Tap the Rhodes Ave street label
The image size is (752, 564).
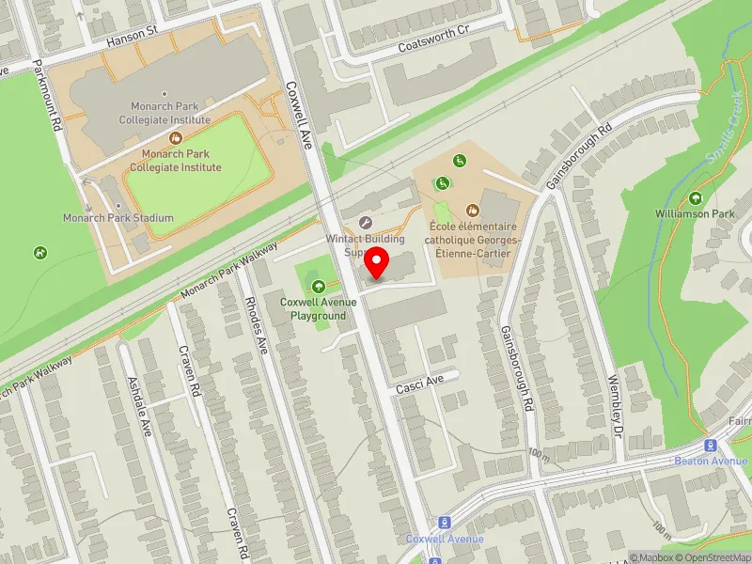[x=255, y=324]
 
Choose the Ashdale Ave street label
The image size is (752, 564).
[x=139, y=406]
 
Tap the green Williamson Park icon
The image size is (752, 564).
[x=696, y=198]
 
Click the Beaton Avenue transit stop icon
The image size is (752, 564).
[x=711, y=446]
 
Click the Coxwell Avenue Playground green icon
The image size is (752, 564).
[x=317, y=286]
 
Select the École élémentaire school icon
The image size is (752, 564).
[x=473, y=211]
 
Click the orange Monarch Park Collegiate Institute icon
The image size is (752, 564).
[x=174, y=138]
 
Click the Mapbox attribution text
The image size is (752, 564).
[x=650, y=557]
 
